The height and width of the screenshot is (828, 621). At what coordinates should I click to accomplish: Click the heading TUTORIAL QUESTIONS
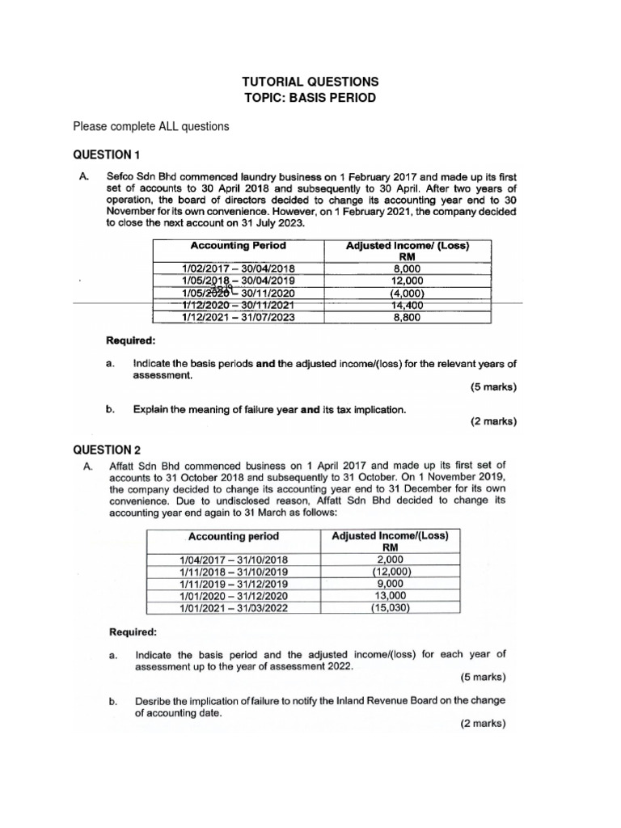(x=310, y=82)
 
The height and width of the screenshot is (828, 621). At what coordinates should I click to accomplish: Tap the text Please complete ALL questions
(x=151, y=127)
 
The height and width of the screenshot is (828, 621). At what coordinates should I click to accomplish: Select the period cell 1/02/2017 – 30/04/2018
(x=237, y=268)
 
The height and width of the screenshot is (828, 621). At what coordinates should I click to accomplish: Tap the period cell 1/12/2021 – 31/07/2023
(x=237, y=318)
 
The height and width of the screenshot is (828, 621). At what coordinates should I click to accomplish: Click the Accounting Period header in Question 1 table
(x=237, y=245)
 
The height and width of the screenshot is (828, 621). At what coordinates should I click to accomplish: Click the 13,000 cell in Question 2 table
(x=391, y=595)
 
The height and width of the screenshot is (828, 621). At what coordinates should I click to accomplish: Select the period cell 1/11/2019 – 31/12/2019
(x=234, y=583)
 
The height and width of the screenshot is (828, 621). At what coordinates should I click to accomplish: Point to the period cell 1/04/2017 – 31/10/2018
(x=234, y=559)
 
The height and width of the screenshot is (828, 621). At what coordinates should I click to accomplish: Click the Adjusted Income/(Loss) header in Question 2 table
(x=391, y=535)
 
